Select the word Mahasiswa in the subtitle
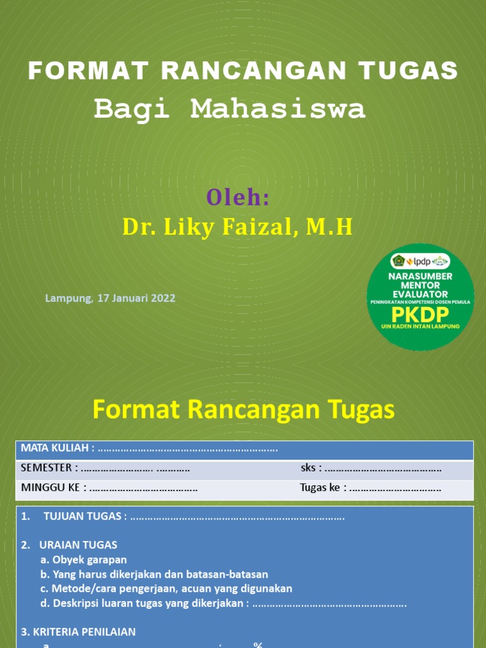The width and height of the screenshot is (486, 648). point(278,109)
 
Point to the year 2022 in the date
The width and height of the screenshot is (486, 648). point(163,298)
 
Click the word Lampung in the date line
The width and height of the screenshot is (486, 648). point(68,298)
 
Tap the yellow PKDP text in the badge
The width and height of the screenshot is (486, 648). point(420,315)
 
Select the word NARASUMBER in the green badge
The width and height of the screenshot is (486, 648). point(420,277)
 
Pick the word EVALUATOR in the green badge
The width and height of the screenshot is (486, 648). point(420,294)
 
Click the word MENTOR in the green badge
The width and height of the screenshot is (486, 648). point(420,285)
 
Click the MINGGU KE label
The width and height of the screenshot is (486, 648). point(54,488)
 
